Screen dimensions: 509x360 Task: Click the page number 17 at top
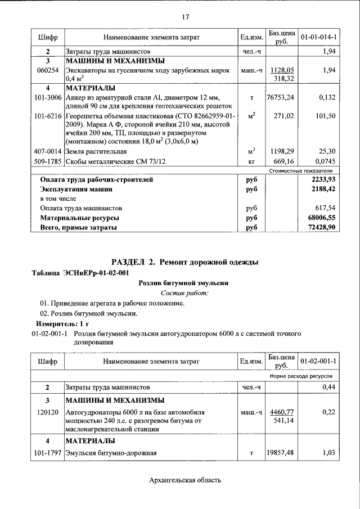click(184, 16)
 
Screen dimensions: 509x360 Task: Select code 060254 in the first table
click(48, 70)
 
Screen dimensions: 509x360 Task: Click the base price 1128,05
click(282, 70)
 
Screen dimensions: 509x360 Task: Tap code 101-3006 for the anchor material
click(48, 97)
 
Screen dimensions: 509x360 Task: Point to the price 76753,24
click(281, 97)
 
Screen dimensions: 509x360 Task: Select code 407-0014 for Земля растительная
click(48, 151)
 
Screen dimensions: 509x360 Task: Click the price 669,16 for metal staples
click(283, 161)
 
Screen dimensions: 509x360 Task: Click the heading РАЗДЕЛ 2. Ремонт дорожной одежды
click(184, 262)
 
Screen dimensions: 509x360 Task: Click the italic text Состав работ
click(184, 293)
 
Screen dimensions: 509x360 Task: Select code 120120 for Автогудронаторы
click(48, 412)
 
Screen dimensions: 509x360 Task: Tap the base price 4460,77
click(282, 412)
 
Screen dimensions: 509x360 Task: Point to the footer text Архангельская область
click(185, 480)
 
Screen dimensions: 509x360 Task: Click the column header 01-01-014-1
click(318, 37)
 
